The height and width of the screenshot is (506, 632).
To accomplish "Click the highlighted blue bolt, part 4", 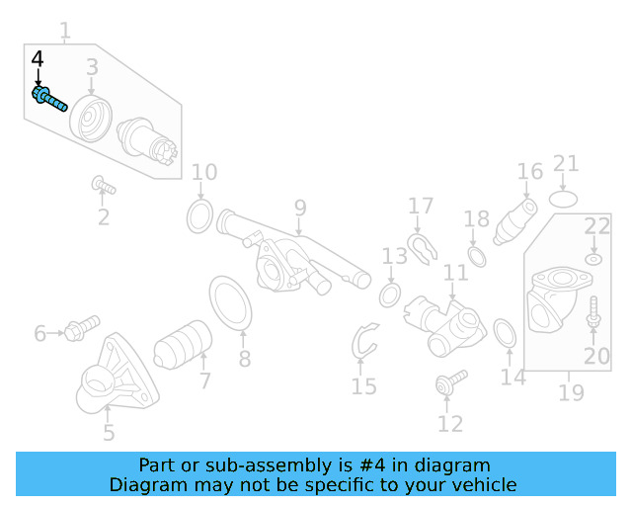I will [x=49, y=99].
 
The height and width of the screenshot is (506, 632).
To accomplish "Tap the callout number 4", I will [x=38, y=60].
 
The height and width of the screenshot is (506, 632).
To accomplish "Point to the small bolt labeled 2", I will [x=103, y=185].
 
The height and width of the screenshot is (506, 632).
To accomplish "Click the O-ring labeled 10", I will [x=199, y=214].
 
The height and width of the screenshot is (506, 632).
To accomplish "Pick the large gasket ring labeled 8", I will [x=231, y=303].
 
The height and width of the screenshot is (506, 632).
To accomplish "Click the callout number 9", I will [x=299, y=209].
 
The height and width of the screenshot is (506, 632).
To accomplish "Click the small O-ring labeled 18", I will [x=476, y=258].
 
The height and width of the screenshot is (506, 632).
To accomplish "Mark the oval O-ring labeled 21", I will [x=563, y=199].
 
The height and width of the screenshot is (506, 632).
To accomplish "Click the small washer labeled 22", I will [x=592, y=259].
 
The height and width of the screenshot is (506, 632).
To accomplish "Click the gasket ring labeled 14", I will [x=503, y=333].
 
